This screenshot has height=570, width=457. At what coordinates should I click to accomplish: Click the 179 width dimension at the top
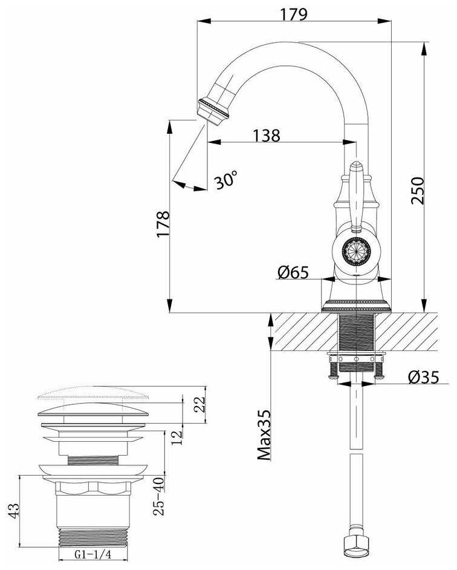point(295,13)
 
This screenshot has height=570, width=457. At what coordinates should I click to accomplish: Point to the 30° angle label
point(225,180)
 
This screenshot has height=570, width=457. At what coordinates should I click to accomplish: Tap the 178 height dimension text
point(161,224)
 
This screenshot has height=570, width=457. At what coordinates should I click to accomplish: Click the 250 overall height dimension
point(417,191)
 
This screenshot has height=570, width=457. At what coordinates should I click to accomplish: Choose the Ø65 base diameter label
point(293,273)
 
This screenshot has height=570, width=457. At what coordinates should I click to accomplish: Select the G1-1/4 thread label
point(92,554)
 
